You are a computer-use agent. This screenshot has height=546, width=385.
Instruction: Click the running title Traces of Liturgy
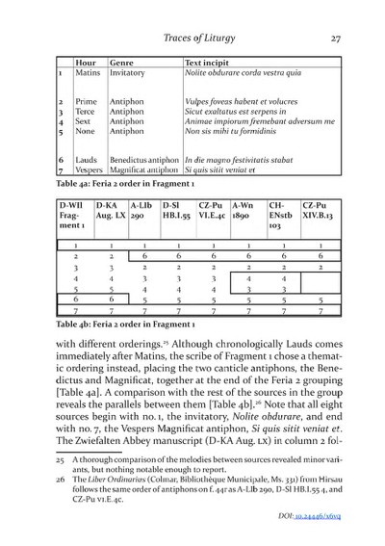pos(200,39)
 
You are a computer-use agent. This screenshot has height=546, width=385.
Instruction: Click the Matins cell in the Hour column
pos(88,72)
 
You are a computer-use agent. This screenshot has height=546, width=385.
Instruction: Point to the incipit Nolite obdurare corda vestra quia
pos(242,72)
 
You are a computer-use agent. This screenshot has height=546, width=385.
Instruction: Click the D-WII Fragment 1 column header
pos(73,212)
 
